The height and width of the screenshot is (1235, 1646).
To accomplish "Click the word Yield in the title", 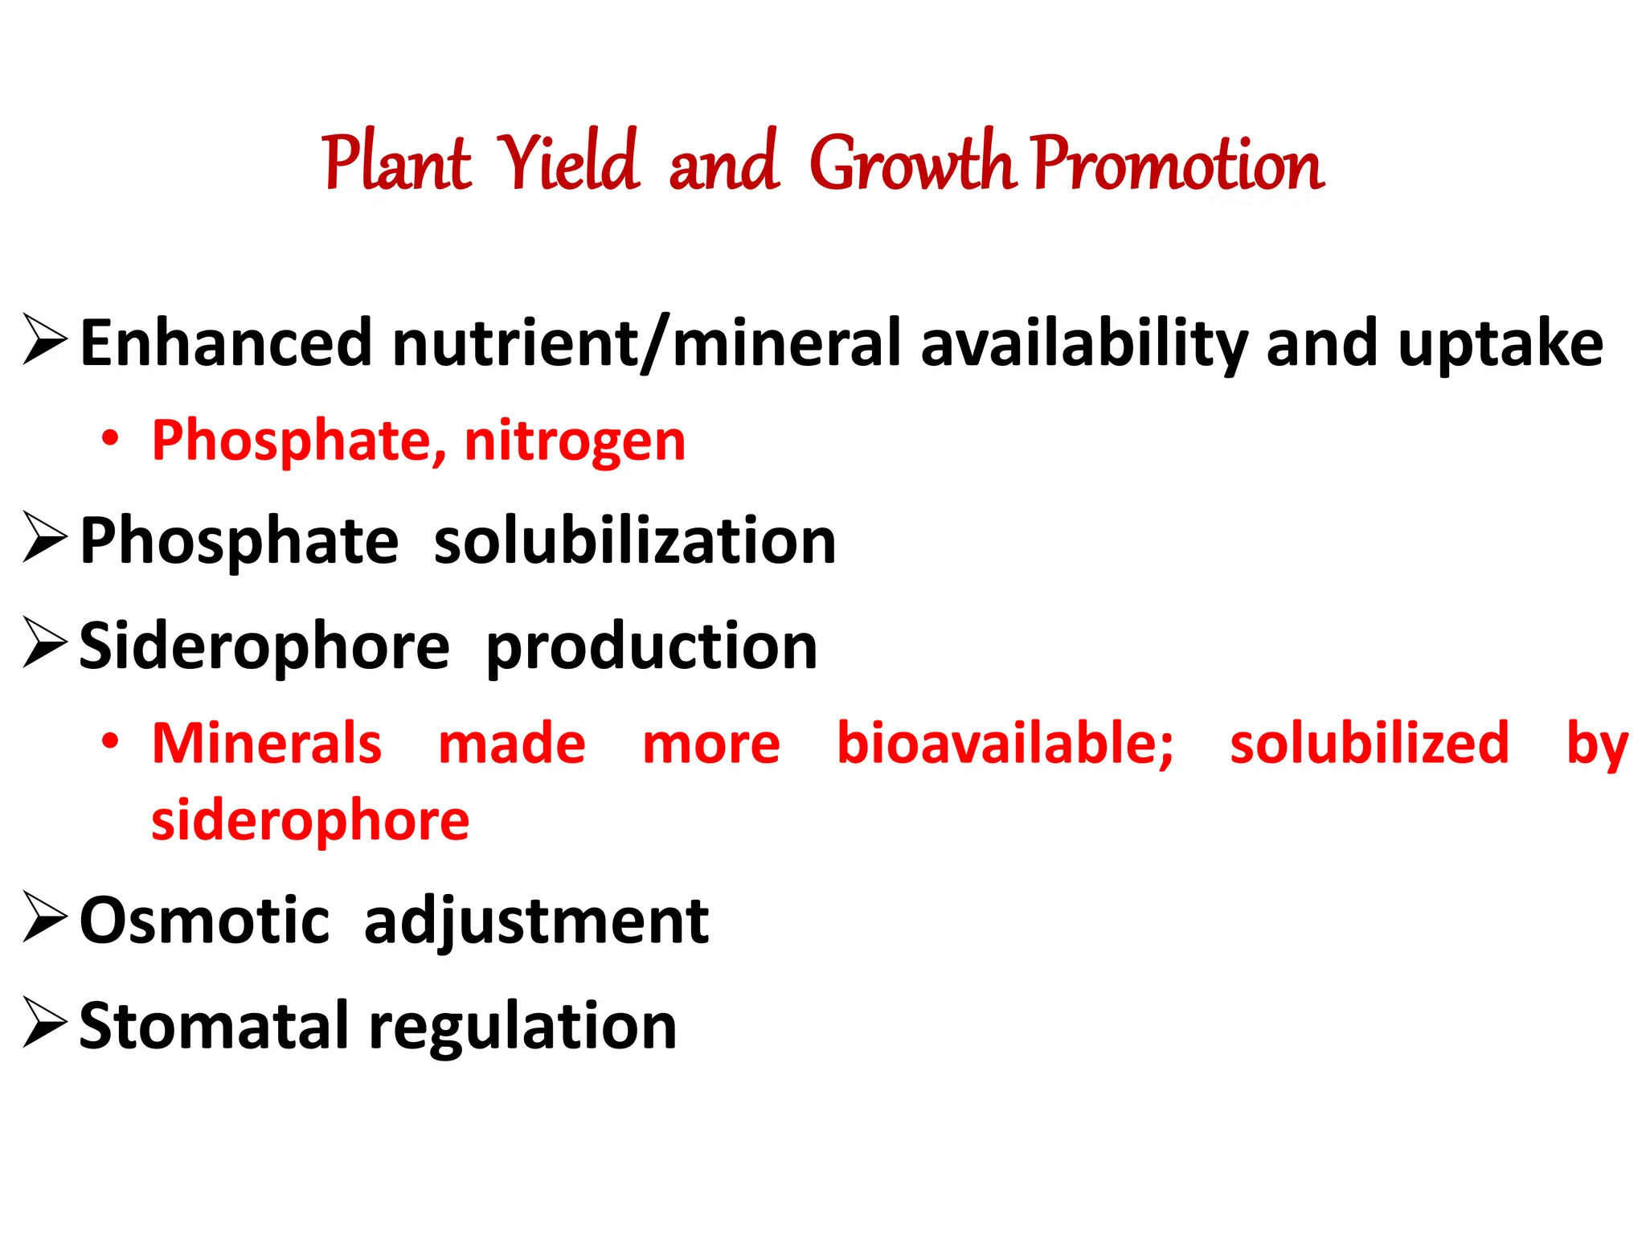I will [569, 163].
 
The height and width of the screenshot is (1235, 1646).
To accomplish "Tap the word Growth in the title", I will [912, 163].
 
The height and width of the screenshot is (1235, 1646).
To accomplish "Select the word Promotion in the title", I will [1177, 163].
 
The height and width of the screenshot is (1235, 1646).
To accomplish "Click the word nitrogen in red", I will [575, 441].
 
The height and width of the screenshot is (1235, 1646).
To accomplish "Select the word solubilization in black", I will [635, 541].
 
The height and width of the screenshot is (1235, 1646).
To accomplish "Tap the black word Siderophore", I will [264, 646].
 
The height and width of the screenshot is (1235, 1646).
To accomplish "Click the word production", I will [652, 648].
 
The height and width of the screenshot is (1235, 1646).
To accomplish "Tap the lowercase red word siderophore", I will [310, 821].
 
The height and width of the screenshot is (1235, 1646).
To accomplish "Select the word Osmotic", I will [204, 921].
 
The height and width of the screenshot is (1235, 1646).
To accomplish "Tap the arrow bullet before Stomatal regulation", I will [45, 1023].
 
